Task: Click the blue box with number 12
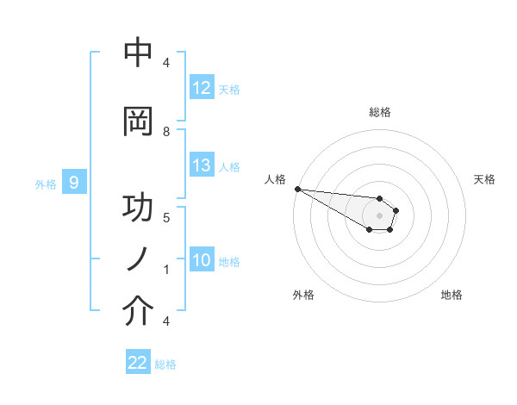[x=202, y=88]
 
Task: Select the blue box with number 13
[x=202, y=165]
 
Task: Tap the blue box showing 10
[x=202, y=261]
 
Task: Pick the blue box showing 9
[x=74, y=183]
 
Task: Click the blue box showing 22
[x=138, y=364]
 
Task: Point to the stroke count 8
[x=166, y=131]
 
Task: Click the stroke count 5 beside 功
[x=166, y=217]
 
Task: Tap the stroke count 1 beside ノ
[x=166, y=269]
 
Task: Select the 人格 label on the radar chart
[x=275, y=179]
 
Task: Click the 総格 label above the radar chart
[x=379, y=112]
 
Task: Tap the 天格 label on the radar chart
[x=485, y=179]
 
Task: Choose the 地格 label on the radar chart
[x=452, y=295]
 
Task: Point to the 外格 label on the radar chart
[x=303, y=295]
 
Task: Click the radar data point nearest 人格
[x=297, y=189]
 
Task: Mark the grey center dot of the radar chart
[x=379, y=215]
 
